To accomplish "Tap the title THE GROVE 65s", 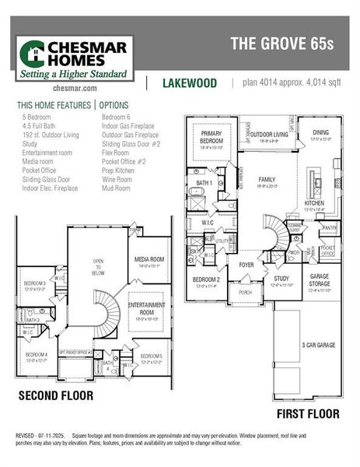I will pyautogui.click(x=281, y=44).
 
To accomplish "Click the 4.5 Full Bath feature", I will pyautogui.click(x=40, y=125).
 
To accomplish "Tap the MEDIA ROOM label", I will pyautogui.click(x=150, y=260).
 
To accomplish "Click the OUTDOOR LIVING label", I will pyautogui.click(x=267, y=134).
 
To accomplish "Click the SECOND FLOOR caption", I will pyautogui.click(x=56, y=396).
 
